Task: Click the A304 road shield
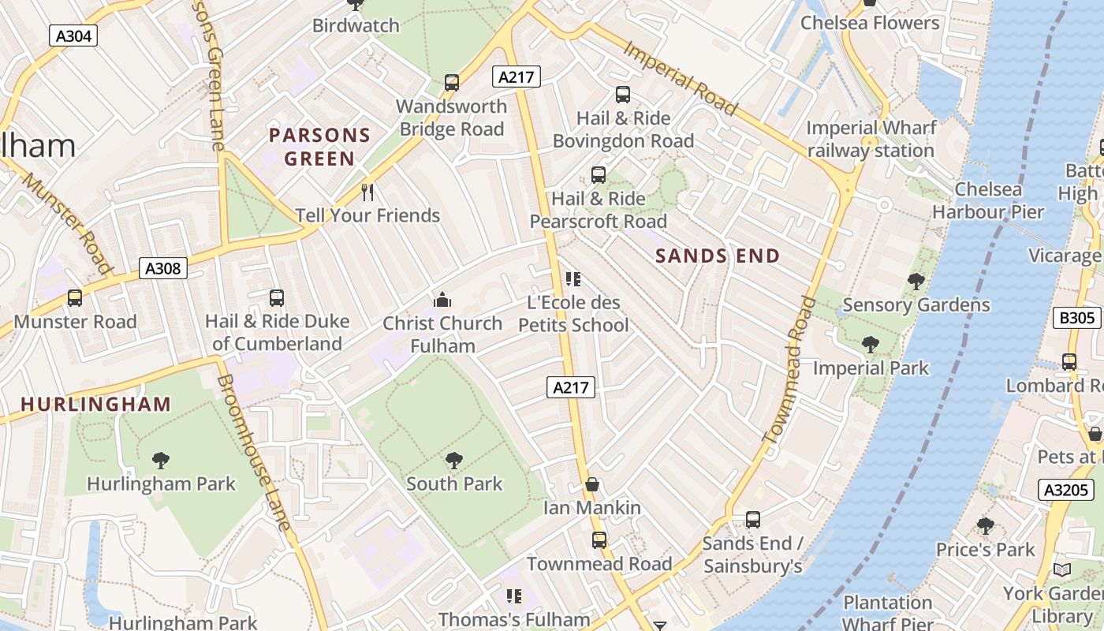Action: point(73,35)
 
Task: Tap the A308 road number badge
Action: point(163,268)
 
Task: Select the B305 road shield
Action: point(1076,318)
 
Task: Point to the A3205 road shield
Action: point(1065,490)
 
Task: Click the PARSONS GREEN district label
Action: point(319,147)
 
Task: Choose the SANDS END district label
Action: point(717,256)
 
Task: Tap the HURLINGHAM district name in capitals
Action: point(95,405)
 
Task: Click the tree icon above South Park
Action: point(453,460)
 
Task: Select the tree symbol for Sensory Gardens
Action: point(916,281)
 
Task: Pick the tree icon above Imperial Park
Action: point(871,344)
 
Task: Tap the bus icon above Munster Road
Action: point(75,298)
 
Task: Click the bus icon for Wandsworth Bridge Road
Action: point(452,82)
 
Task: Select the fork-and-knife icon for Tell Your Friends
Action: point(367,192)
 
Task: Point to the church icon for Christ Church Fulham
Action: point(442,300)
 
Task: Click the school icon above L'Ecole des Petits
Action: point(573,278)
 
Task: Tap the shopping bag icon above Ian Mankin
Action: point(592,484)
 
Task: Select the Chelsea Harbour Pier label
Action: point(987,200)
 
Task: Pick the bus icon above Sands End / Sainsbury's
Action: point(753,520)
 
